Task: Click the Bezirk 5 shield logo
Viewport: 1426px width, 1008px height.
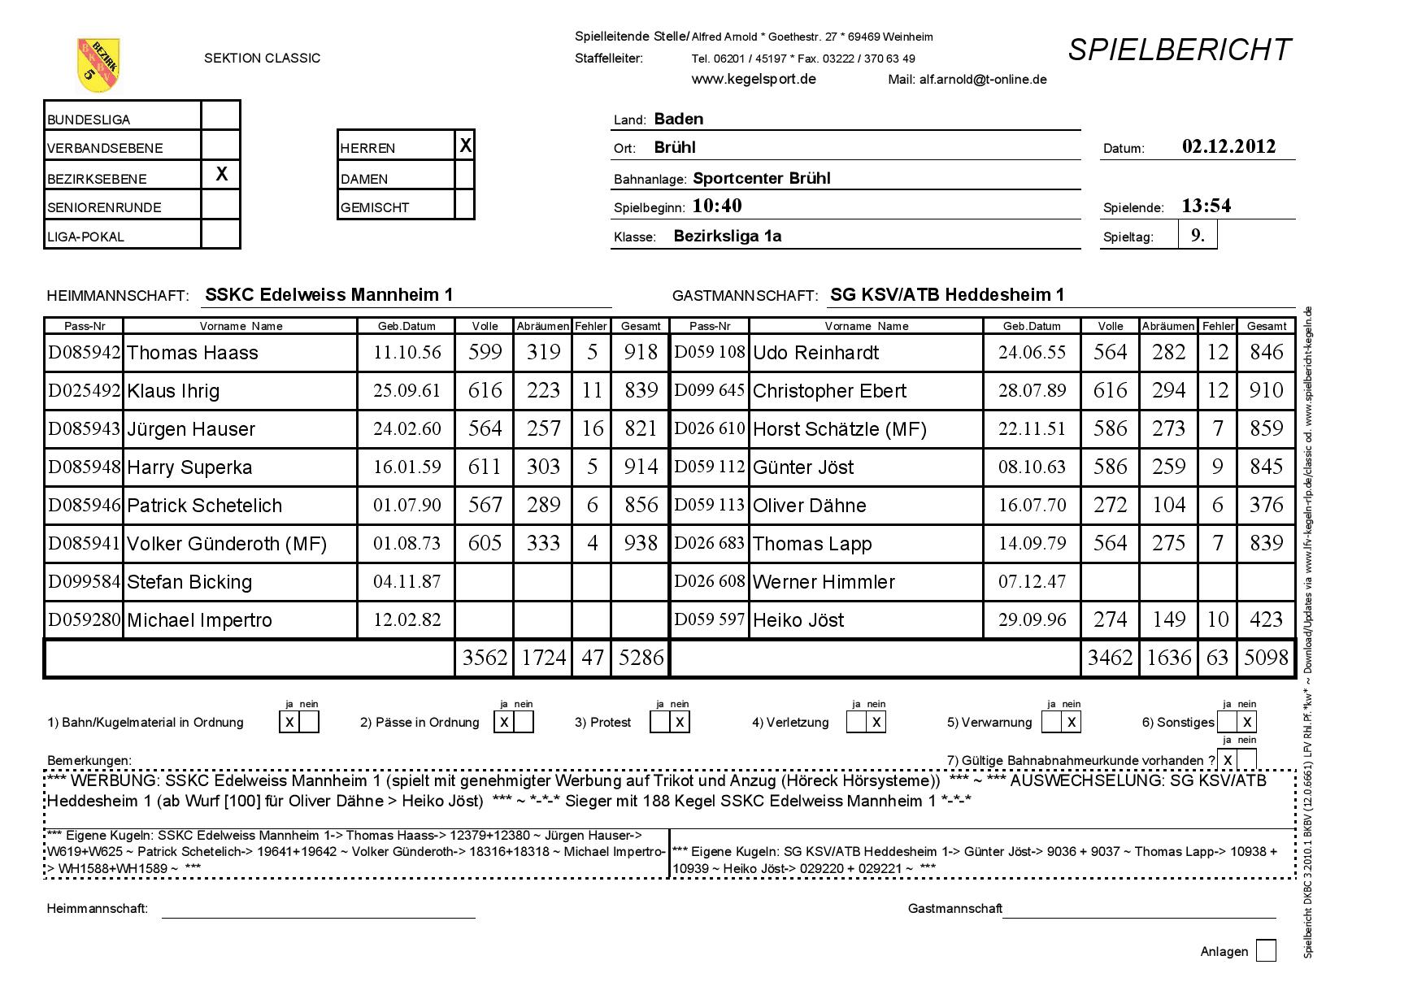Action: (x=98, y=65)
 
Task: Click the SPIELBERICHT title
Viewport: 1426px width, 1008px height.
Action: (x=1179, y=50)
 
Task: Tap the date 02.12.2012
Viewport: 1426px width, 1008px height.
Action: (x=1228, y=147)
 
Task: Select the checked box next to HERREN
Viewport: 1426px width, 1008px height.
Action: (x=465, y=146)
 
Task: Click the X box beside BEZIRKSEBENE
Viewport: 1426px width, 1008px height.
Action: (x=221, y=174)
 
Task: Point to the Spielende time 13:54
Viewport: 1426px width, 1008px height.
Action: (x=1206, y=206)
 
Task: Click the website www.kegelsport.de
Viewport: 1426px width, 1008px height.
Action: (x=754, y=79)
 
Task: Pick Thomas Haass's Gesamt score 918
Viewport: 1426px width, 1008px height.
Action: (x=641, y=352)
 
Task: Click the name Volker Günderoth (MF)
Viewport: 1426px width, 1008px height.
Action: (x=227, y=544)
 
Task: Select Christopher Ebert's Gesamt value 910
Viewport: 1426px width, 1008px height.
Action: (x=1266, y=390)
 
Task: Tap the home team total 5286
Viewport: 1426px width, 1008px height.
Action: (x=641, y=658)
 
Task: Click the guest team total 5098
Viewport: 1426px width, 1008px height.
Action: (x=1266, y=658)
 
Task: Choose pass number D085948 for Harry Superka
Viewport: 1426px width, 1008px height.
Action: (x=85, y=467)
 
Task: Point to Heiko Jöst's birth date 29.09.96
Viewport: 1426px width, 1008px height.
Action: (x=1032, y=619)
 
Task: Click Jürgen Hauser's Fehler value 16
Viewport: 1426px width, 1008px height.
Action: (x=592, y=428)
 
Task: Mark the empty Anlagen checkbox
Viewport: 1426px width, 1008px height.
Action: (x=1266, y=950)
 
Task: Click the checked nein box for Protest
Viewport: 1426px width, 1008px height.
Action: (x=680, y=722)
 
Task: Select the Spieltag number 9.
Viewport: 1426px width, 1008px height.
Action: (x=1198, y=236)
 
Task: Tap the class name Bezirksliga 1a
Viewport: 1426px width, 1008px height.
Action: (x=728, y=237)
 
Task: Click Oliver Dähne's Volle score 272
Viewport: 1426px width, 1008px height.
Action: (x=1110, y=505)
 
